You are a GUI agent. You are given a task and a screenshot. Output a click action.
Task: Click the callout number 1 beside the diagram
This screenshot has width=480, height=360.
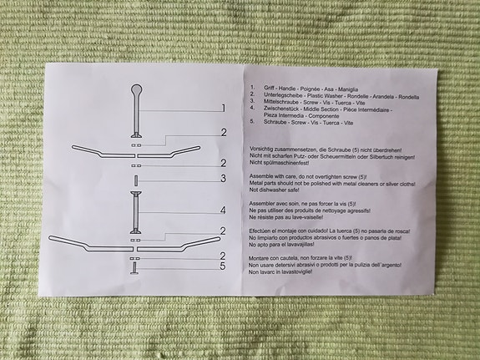pyautogui.click(x=223, y=108)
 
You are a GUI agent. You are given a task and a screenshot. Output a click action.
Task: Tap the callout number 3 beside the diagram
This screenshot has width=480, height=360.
pyautogui.click(x=223, y=178)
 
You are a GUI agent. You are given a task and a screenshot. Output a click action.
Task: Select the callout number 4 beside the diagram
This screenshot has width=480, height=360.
pyautogui.click(x=223, y=210)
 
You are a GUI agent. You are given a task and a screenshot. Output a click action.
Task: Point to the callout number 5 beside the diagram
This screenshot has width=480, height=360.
pyautogui.click(x=223, y=267)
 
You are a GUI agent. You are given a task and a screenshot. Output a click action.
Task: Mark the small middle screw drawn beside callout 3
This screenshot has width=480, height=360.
pyautogui.click(x=135, y=180)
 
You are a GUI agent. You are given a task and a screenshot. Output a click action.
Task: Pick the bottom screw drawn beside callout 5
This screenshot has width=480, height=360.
pyautogui.click(x=134, y=268)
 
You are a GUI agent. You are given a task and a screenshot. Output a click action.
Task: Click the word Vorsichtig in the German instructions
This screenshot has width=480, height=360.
pyautogui.click(x=265, y=148)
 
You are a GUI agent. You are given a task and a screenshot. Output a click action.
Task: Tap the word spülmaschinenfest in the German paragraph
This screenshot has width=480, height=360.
pyautogui.click(x=293, y=163)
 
